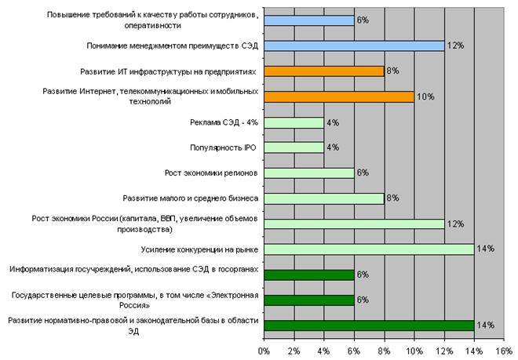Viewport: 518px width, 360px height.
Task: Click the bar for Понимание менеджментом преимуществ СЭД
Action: (x=354, y=46)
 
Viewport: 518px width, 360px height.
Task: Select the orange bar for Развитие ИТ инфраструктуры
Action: (x=323, y=71)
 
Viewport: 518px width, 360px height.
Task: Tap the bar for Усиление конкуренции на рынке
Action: (x=369, y=249)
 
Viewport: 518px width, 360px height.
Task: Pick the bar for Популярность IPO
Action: (x=294, y=147)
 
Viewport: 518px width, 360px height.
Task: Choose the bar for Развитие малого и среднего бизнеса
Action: (x=323, y=198)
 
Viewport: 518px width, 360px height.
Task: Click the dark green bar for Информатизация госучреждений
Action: (x=308, y=275)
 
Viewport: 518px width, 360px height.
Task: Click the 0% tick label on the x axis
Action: (x=264, y=351)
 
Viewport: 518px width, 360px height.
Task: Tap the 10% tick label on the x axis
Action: (x=414, y=351)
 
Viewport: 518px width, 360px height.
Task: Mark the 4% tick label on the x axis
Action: (x=323, y=351)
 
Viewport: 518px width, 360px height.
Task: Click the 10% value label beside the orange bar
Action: (x=425, y=97)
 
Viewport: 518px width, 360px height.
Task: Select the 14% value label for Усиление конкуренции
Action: (x=485, y=249)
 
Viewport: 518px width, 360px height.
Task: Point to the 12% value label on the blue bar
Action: (x=455, y=46)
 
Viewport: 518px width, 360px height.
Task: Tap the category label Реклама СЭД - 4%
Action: (x=224, y=122)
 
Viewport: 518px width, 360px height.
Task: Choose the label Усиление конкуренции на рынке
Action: (x=200, y=249)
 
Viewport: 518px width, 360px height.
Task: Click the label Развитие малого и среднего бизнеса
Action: (x=192, y=198)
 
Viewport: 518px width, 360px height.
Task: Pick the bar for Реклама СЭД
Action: (x=294, y=122)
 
